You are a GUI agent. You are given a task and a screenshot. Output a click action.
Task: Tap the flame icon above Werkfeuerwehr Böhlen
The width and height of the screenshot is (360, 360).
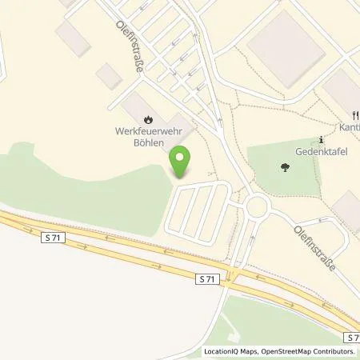click(x=133, y=118)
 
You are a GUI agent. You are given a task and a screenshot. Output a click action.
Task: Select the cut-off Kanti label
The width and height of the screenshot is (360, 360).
click(x=350, y=127)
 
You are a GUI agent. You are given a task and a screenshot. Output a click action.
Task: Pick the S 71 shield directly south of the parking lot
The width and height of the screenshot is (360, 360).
click(x=207, y=278)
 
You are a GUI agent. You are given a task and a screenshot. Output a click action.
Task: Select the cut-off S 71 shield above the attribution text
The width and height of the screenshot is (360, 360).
click(x=353, y=338)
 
